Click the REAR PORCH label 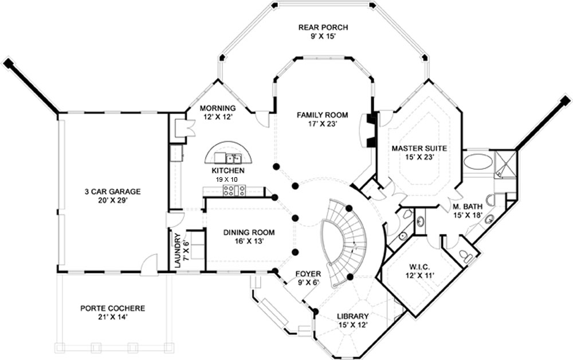tap(323, 27)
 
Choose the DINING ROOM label tap(249, 232)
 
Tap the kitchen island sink tap(233, 158)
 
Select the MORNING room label tap(217, 108)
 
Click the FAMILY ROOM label tap(323, 115)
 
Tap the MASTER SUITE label tap(419, 148)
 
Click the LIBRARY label tap(352, 316)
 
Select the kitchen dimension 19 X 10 tap(226, 179)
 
